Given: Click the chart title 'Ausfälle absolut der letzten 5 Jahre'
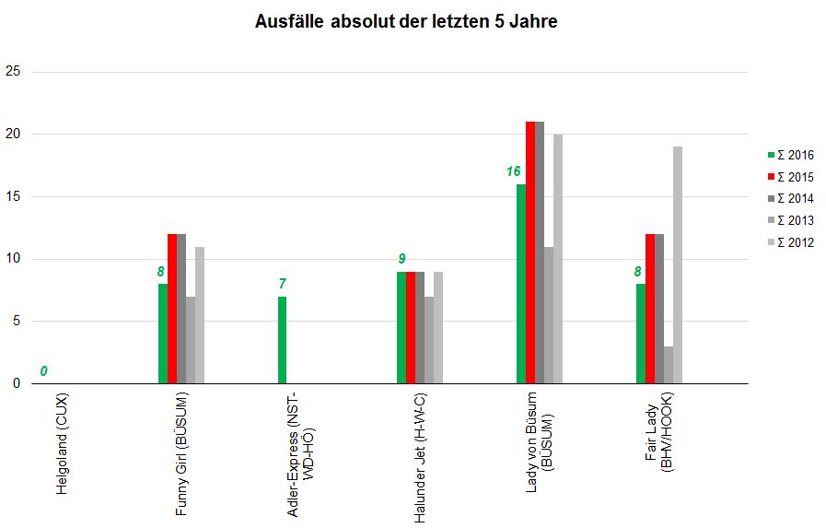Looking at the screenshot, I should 406,21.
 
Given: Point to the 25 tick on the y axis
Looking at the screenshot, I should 13,71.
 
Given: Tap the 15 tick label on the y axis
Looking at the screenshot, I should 13,196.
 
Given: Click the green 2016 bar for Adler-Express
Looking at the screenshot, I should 282,340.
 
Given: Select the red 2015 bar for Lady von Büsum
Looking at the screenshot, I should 530,252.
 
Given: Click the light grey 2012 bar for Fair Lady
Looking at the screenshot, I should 678,265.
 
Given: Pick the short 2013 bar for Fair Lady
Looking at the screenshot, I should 669,365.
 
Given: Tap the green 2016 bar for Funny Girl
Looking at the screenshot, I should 163,334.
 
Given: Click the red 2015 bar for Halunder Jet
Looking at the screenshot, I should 411,327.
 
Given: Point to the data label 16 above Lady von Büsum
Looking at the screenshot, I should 513,171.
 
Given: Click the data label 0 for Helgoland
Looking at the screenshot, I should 43,371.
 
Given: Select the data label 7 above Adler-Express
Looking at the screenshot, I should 283,284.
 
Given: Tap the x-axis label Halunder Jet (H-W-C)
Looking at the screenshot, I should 420,457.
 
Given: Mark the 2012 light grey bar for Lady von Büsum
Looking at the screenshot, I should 558,259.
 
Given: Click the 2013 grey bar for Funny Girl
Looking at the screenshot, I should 191,340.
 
